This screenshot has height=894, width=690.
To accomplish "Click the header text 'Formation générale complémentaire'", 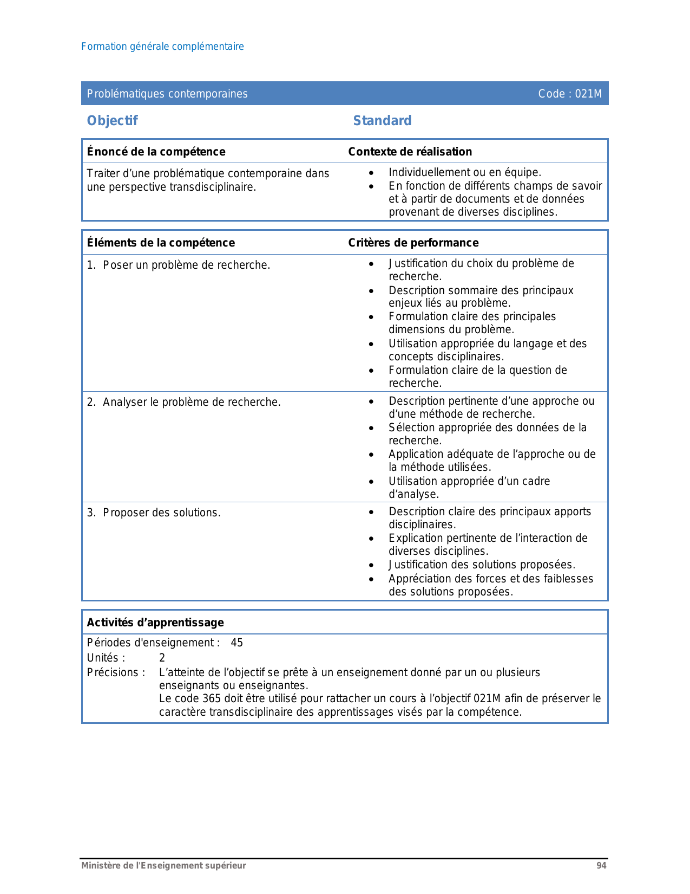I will [162, 47].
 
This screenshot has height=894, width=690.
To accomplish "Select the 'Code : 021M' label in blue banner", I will [569, 94].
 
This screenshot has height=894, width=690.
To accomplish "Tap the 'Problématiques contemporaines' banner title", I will [167, 94].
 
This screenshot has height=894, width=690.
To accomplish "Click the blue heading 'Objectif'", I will [113, 120].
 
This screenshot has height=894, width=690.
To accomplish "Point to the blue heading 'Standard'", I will [382, 120].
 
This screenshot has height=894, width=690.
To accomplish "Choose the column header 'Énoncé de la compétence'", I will [156, 152].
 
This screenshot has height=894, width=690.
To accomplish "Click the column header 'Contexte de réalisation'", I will [410, 152].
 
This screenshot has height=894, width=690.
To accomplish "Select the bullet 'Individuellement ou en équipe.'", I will [464, 172].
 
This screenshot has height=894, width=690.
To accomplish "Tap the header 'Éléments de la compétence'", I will [161, 243].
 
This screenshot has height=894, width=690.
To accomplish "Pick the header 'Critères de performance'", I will [413, 243].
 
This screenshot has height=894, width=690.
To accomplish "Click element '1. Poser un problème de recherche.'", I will [179, 265].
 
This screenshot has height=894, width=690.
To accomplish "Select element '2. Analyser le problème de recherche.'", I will [184, 402].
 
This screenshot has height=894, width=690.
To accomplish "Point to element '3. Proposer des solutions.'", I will [154, 513].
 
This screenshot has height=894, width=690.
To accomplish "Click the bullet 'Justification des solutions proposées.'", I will [482, 565].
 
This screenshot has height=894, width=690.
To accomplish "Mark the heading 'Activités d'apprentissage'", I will [155, 623].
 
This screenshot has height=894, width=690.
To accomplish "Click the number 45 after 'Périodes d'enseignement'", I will [237, 643].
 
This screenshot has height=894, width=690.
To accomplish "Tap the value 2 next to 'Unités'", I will [162, 658].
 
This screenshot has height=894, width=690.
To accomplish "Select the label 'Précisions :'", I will [116, 672].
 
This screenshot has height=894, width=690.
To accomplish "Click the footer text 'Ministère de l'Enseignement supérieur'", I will [163, 866].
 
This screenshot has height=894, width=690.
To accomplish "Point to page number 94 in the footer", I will [601, 866].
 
